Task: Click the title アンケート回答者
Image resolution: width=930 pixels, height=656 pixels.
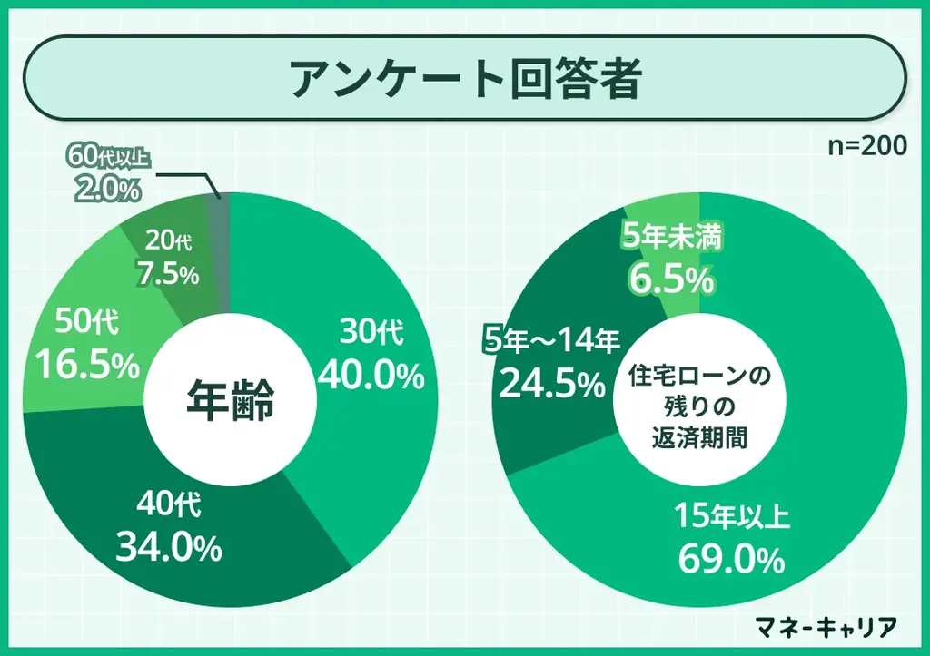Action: pyautogui.click(x=465, y=80)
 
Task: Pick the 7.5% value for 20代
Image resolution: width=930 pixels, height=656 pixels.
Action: pyautogui.click(x=167, y=273)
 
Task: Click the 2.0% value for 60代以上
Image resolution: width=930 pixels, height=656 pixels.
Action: pyautogui.click(x=107, y=190)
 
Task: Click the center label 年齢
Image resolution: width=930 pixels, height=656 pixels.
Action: pyautogui.click(x=231, y=400)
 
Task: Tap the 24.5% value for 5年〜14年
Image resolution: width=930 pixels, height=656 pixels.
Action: pyautogui.click(x=551, y=385)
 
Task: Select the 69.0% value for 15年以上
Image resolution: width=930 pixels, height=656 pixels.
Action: pyautogui.click(x=731, y=560)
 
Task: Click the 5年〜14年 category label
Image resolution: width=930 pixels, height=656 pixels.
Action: pyautogui.click(x=551, y=342)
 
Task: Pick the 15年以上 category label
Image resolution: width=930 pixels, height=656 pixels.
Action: pyautogui.click(x=732, y=518)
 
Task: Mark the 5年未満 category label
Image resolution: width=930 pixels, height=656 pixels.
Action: pyautogui.click(x=673, y=237)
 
